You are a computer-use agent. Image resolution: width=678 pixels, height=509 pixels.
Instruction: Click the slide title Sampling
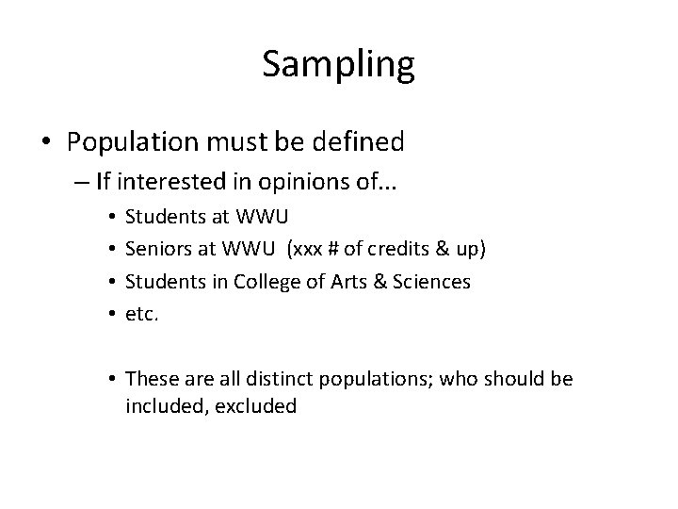[338, 64]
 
